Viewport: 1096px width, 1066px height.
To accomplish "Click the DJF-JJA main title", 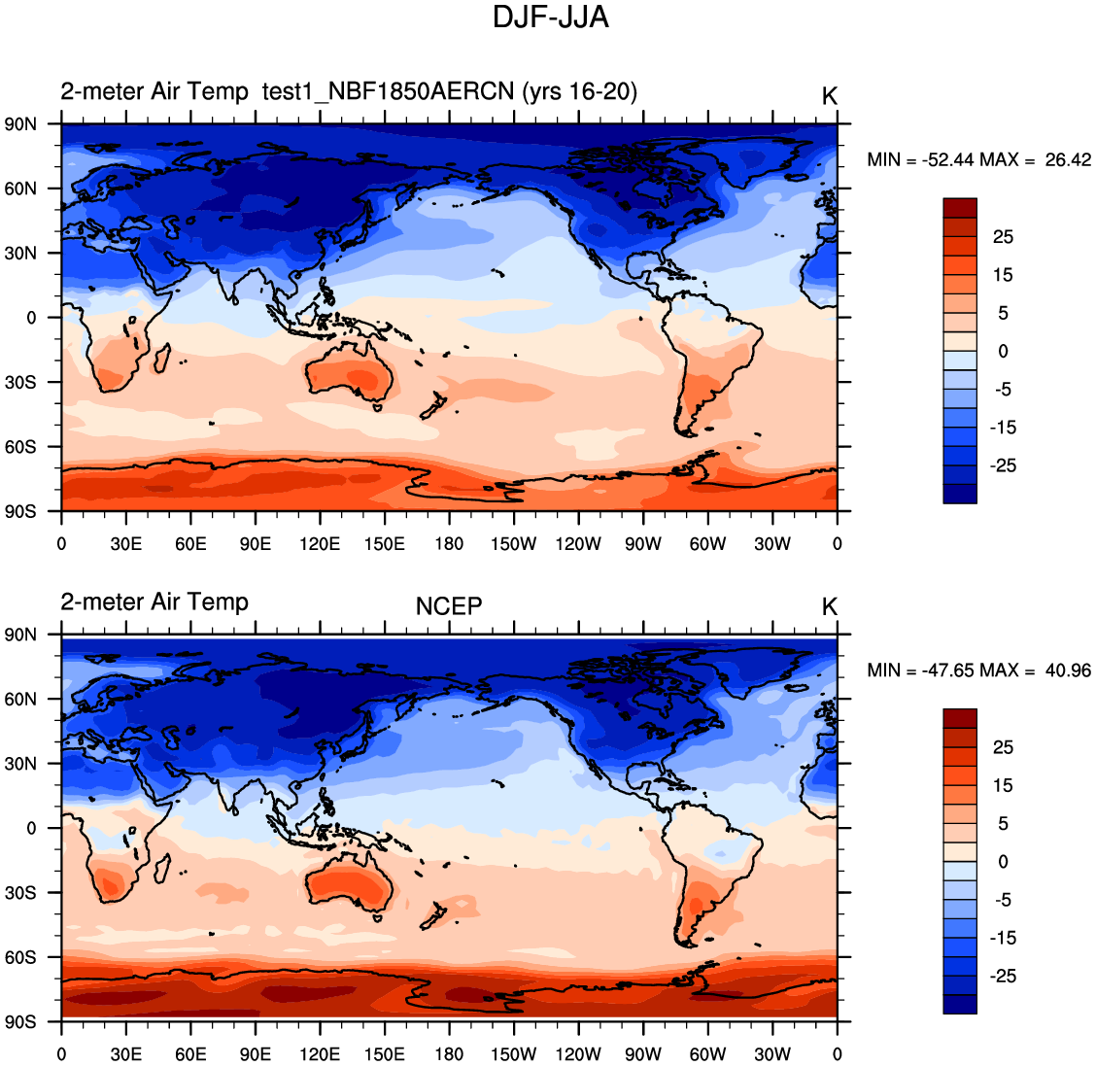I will (x=550, y=17).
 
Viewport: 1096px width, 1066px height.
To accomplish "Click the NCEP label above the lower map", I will (x=449, y=606).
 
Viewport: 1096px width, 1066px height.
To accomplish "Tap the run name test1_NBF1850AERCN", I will (x=388, y=91).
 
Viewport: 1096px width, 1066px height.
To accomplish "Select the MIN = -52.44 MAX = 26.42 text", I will (x=978, y=159).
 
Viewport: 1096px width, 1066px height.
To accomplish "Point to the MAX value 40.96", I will (x=1068, y=671).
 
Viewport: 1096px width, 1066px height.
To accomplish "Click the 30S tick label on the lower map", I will (x=20, y=892).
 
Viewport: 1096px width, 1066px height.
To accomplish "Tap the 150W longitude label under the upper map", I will (x=513, y=544).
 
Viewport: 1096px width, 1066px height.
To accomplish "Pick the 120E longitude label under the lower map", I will (x=320, y=1054).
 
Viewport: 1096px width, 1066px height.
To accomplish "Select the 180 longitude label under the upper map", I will (x=449, y=544).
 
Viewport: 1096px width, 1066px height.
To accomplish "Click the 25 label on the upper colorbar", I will (x=1003, y=237).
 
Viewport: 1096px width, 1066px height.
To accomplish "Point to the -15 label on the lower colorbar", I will (x=1003, y=938).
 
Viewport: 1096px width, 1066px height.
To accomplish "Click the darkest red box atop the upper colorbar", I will (x=959, y=208).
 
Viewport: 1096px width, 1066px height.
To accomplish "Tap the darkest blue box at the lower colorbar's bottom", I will (x=959, y=1004).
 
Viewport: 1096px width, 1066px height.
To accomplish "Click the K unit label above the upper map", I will (x=829, y=96).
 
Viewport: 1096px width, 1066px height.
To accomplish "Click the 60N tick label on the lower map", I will (x=20, y=699).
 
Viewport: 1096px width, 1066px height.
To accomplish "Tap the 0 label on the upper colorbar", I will (x=1003, y=351).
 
